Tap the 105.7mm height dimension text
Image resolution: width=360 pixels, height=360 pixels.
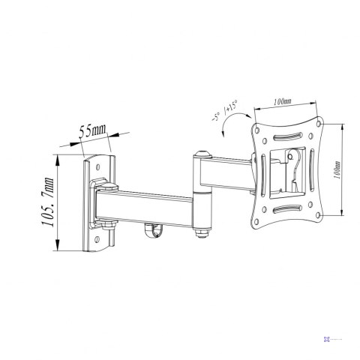(x=49, y=203)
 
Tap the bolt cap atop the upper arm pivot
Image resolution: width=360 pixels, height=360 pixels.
(x=201, y=155)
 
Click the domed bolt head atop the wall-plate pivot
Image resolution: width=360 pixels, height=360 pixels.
(x=109, y=184)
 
